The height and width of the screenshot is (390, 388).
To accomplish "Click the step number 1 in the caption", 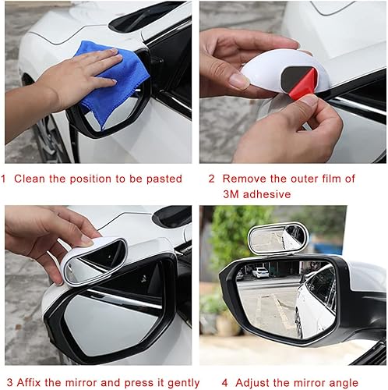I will point(5,179).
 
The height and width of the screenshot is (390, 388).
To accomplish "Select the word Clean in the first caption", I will point(32,179).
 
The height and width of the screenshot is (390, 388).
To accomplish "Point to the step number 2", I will point(211,178).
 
